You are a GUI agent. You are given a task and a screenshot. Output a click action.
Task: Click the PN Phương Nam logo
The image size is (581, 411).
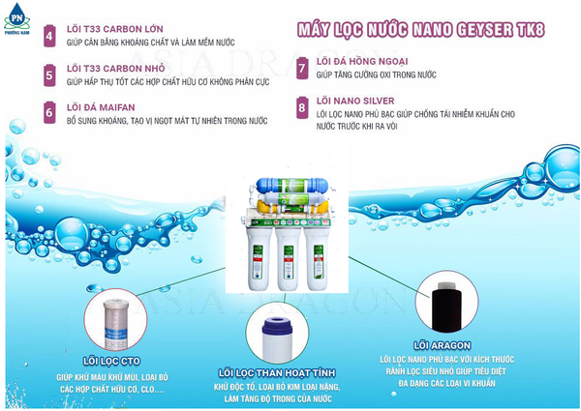[16, 18]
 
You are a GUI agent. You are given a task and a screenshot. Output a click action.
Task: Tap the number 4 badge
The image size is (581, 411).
[49, 36]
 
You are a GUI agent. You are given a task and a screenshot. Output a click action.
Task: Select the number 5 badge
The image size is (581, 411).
[49, 75]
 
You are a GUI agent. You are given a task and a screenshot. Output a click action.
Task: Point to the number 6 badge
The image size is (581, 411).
[49, 112]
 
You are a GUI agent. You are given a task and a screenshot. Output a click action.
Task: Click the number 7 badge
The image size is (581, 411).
[302, 68]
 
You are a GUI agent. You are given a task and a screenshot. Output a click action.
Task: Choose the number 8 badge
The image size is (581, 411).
[302, 107]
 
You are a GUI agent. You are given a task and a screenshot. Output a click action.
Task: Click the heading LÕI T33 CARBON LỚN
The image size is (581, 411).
[115, 29]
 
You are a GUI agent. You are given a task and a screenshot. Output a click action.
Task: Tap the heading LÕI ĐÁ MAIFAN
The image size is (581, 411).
[101, 107]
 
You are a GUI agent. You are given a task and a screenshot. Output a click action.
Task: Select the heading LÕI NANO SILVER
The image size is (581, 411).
[355, 101]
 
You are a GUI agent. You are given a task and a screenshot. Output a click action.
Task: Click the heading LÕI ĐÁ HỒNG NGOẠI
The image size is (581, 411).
[362, 61]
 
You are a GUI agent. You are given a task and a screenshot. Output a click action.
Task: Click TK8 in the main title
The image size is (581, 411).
[530, 30]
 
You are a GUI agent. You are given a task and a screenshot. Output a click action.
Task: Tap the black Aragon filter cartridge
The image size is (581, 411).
[446, 306]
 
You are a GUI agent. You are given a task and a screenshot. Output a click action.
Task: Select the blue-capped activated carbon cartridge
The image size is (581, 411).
[277, 338]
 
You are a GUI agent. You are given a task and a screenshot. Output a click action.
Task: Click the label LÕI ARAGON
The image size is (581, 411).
[443, 345]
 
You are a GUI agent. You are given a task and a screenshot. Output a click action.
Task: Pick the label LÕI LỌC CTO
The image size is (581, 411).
[111, 361]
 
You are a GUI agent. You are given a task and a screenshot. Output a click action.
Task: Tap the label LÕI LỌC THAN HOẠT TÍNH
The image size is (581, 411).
[277, 373]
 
